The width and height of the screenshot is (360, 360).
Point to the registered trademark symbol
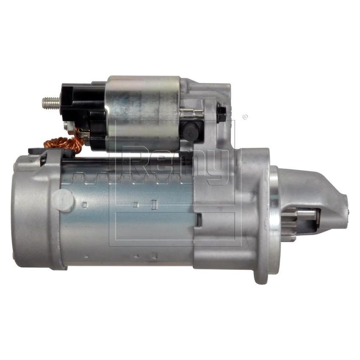244,117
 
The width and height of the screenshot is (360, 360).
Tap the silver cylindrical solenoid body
142,112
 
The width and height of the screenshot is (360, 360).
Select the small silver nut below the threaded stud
68,126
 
